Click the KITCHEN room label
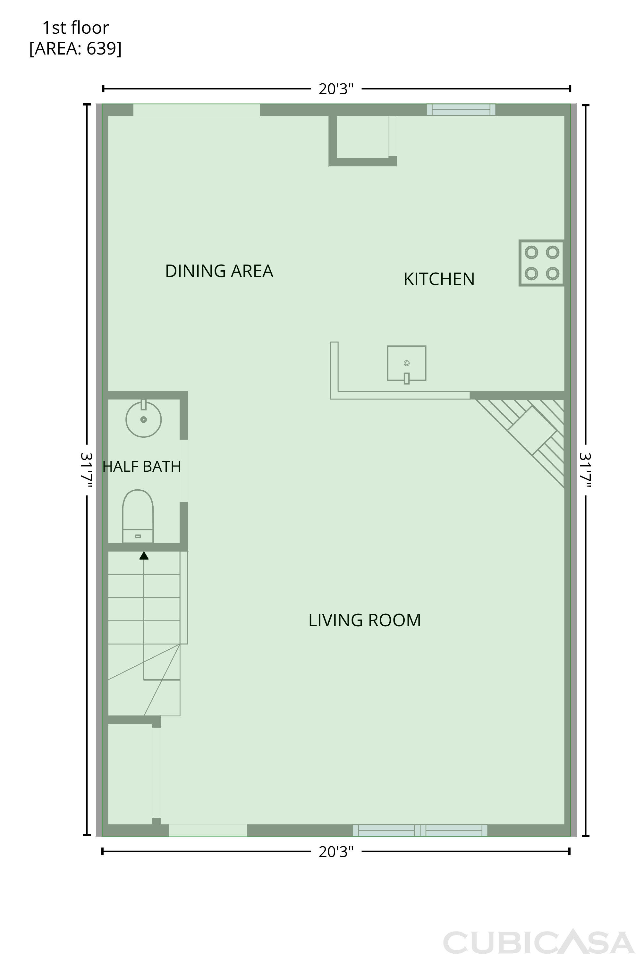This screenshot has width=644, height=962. click(x=439, y=279)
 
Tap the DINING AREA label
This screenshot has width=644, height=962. click(x=219, y=271)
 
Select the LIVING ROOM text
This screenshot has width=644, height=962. click(x=365, y=620)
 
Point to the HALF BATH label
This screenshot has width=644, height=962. click(x=142, y=467)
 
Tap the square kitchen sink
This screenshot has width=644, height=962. click(x=407, y=364)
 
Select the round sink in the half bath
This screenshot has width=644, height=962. click(x=143, y=419)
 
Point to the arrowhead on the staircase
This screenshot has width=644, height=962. click(x=144, y=555)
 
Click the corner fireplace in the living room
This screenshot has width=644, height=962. click(x=532, y=430)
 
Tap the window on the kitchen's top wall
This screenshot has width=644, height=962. click(x=461, y=110)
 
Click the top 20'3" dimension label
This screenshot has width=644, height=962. click(x=336, y=89)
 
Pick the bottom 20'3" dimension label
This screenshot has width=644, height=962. click(x=336, y=852)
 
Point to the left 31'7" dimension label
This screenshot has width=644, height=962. click(x=86, y=470)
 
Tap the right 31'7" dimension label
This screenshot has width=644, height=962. click(x=585, y=470)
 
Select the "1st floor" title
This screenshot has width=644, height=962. click(x=76, y=28)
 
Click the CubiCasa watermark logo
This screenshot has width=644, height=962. click(x=539, y=943)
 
